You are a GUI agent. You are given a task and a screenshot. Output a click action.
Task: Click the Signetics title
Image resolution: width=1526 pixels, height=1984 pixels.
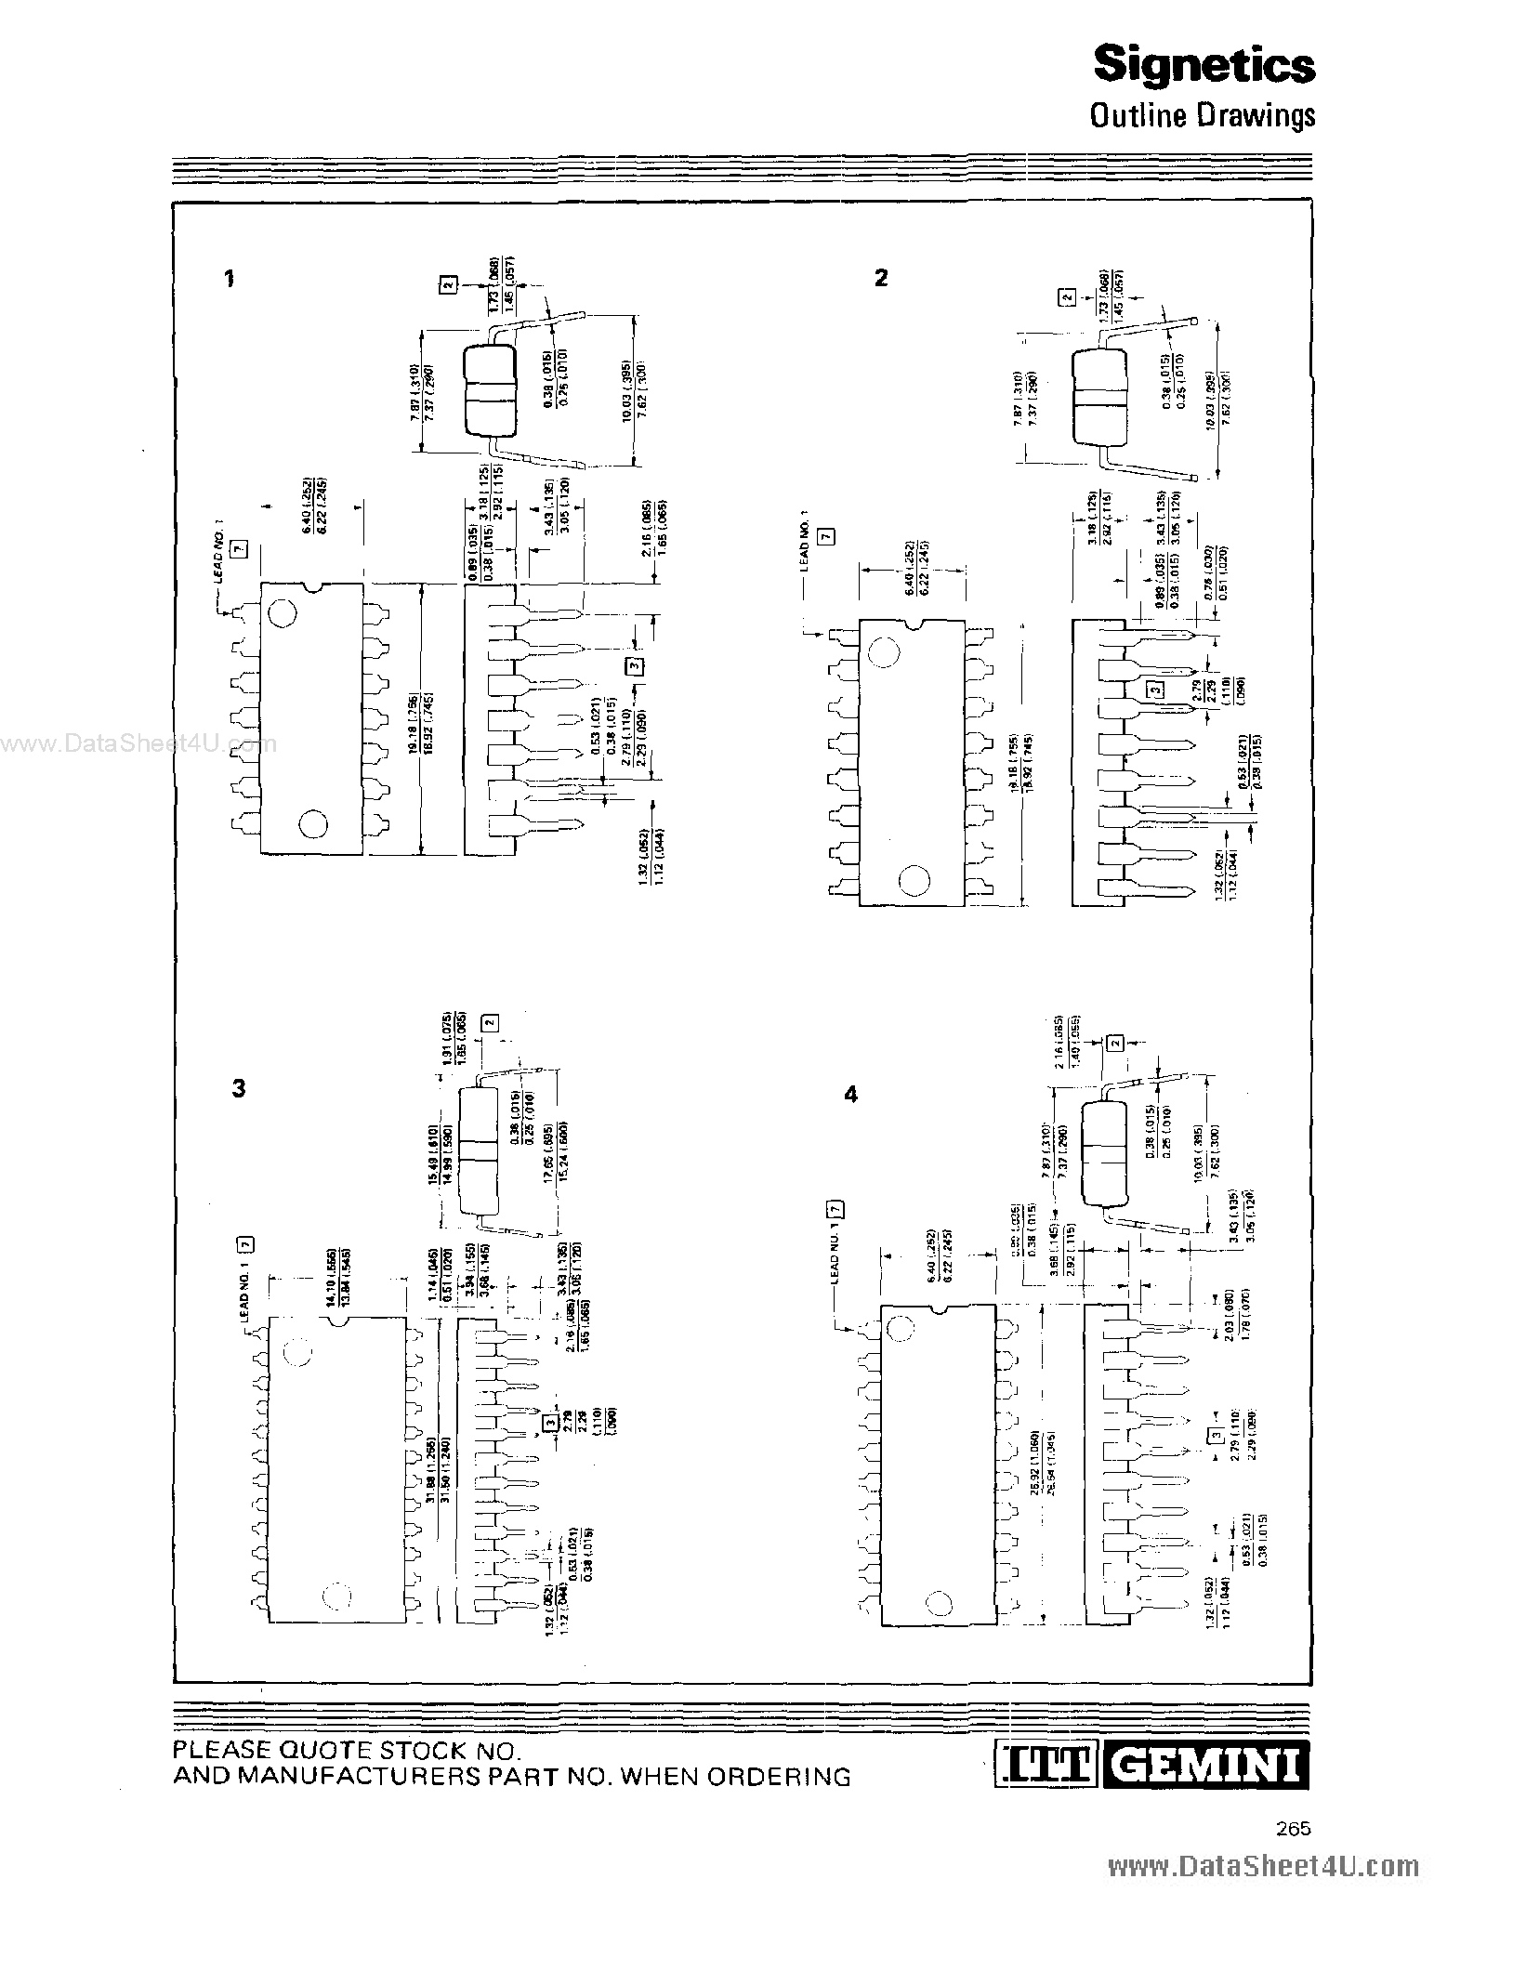point(1204,65)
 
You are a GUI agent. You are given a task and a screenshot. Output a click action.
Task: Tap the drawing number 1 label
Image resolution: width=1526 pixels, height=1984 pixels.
point(230,278)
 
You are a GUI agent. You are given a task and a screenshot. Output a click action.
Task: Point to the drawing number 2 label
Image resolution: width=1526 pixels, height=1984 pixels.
point(881,277)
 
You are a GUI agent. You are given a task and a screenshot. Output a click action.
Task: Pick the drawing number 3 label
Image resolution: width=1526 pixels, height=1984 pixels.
point(239,1088)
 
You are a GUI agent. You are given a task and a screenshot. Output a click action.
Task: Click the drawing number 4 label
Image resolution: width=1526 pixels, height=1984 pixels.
point(850,1095)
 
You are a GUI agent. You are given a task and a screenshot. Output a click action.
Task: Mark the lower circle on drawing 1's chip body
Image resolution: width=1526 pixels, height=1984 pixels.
point(313,823)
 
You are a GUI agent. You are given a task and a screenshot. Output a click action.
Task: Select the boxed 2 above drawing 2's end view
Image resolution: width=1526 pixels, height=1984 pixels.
point(1068,297)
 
